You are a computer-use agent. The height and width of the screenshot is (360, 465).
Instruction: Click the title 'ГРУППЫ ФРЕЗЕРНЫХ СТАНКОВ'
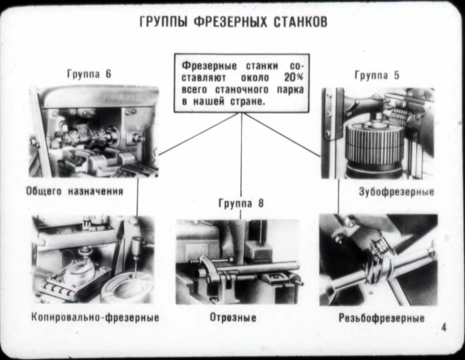point(233,22)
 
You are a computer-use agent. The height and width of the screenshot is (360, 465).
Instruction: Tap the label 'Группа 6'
point(89,74)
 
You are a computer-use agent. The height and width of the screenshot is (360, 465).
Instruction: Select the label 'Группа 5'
point(377,75)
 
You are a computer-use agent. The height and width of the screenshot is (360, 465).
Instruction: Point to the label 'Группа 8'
point(241,203)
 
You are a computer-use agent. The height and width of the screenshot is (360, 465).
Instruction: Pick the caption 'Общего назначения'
point(74,191)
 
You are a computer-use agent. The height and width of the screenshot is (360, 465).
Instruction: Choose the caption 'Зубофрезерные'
point(396,191)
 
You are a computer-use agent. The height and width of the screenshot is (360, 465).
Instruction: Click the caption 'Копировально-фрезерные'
point(95,317)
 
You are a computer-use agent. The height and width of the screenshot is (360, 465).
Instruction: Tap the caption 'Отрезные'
point(233,317)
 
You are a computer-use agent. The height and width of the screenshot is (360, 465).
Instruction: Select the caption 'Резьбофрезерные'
point(381,318)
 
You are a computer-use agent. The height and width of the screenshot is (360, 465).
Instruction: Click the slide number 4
point(444,327)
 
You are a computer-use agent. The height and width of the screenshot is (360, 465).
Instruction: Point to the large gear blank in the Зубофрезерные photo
point(374,145)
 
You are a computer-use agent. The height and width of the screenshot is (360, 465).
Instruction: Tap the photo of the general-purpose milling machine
point(94,132)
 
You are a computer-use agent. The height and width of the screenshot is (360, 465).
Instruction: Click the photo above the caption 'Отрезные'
point(238,262)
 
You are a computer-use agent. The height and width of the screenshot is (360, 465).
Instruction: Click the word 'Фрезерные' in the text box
point(209,66)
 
